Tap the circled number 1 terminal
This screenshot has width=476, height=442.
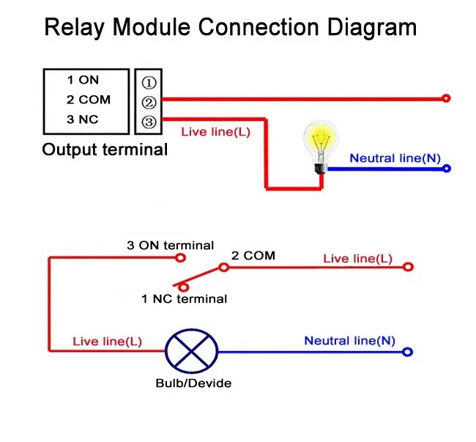pyautogui.click(x=147, y=82)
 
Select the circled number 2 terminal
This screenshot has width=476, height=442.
pyautogui.click(x=147, y=102)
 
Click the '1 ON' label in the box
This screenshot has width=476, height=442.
pyautogui.click(x=83, y=81)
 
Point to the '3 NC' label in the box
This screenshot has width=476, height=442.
pyautogui.click(x=83, y=120)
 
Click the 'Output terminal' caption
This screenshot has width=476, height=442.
pyautogui.click(x=105, y=150)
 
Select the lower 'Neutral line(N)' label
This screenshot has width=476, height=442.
pyautogui.click(x=349, y=340)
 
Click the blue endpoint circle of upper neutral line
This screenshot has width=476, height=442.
pyautogui.click(x=447, y=169)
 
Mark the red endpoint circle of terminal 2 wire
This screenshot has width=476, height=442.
pyautogui.click(x=446, y=98)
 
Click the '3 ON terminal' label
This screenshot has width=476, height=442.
pyautogui.click(x=170, y=246)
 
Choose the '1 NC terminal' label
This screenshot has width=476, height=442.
pyautogui.click(x=184, y=298)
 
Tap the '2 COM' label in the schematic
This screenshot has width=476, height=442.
pyautogui.click(x=253, y=256)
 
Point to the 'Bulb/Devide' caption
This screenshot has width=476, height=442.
pyautogui.click(x=193, y=383)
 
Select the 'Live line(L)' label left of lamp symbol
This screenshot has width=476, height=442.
pyautogui.click(x=107, y=342)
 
